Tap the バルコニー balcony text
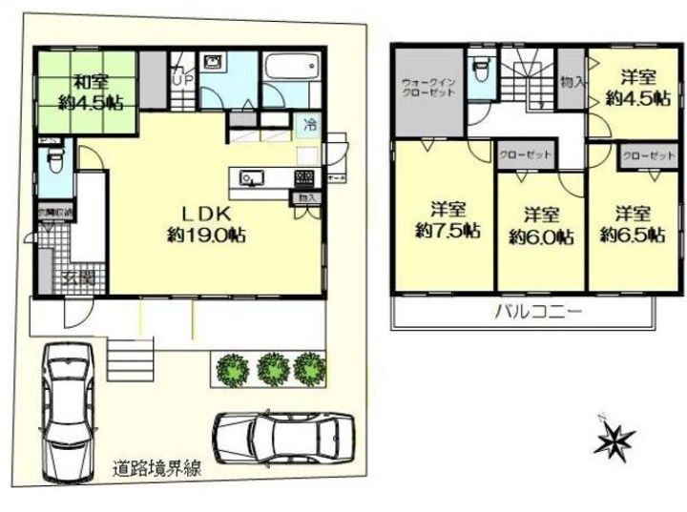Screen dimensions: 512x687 [x=538, y=312]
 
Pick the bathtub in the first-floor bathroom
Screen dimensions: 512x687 [x=287, y=69]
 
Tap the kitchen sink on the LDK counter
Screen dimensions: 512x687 [x=251, y=178]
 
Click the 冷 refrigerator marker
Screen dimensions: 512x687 [x=311, y=124]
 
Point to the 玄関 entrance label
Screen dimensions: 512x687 [x=78, y=277]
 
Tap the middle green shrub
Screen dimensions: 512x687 [x=274, y=368]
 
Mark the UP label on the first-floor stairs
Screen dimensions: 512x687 [x=181, y=80]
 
